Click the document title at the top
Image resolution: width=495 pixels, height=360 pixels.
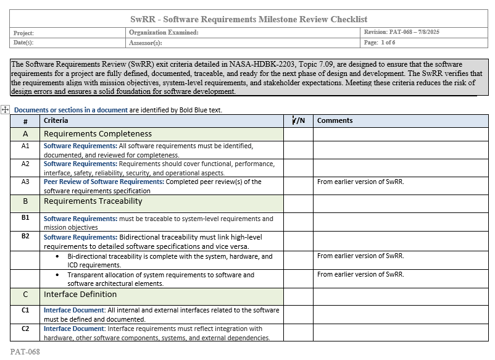(249, 19)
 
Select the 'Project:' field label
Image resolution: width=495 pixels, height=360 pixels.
(23, 33)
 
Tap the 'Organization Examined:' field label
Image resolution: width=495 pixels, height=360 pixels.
(164, 33)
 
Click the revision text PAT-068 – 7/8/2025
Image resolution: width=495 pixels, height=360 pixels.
(402, 32)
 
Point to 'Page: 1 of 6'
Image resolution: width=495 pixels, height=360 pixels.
(380, 43)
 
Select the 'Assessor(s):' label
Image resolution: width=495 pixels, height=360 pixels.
(146, 43)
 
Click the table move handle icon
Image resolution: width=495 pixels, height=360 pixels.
(5, 109)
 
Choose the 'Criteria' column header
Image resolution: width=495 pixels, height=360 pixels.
(56, 120)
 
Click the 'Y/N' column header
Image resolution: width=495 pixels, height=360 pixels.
(298, 120)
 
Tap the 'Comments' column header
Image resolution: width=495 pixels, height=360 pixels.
(335, 120)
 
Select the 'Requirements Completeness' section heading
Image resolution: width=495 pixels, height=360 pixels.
(98, 134)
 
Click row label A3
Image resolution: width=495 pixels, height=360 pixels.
(25, 182)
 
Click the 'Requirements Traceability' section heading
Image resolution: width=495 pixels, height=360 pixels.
(93, 201)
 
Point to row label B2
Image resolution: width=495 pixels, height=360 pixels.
(25, 237)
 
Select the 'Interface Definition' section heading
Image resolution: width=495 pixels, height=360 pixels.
(80, 295)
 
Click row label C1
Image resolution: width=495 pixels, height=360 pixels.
(25, 310)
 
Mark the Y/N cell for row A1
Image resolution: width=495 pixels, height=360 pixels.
(298, 150)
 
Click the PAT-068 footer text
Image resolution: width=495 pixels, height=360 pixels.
(25, 352)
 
